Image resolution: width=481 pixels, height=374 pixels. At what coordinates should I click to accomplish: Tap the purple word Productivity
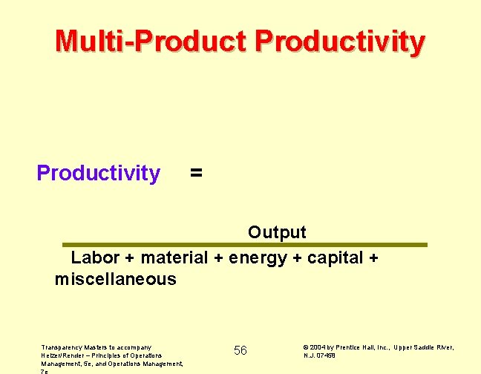[x=98, y=173]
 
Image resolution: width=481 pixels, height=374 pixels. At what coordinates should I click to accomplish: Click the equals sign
[x=195, y=173]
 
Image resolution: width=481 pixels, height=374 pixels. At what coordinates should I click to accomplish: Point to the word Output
[x=277, y=232]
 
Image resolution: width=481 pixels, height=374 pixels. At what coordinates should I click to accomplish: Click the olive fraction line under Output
[x=245, y=244]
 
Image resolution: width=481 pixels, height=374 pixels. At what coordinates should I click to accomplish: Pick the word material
[x=174, y=258]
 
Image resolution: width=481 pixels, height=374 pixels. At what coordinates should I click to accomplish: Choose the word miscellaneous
[x=116, y=280]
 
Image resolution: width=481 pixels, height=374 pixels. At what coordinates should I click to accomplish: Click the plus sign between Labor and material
[x=130, y=258]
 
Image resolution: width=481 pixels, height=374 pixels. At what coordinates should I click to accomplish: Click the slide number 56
[x=240, y=350]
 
